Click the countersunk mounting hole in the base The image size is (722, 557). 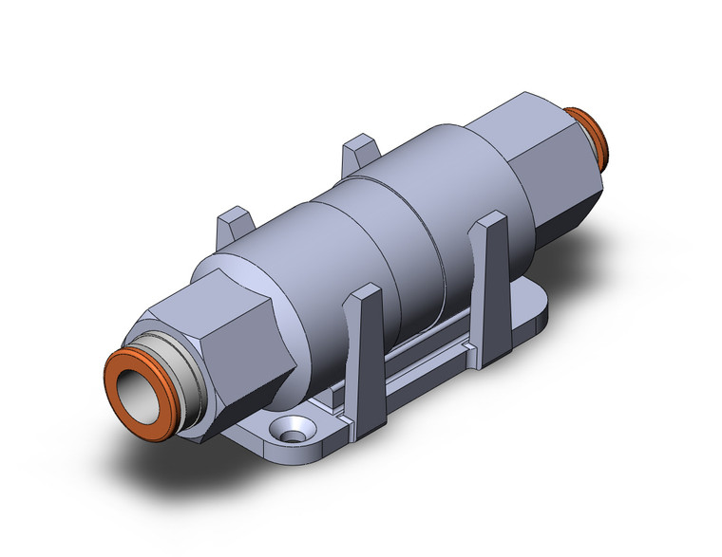click(288, 432)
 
